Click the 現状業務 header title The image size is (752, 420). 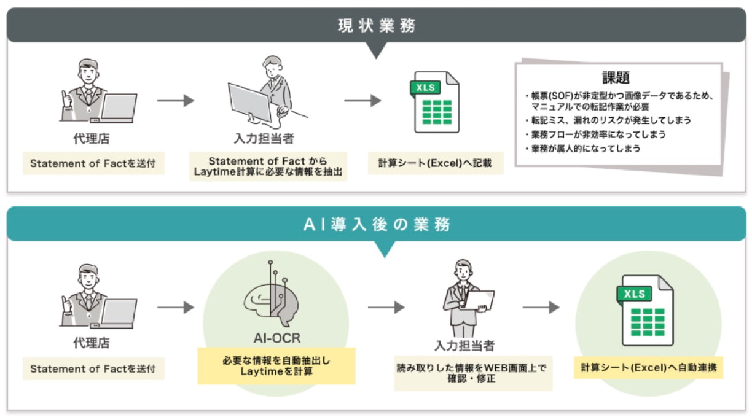click(x=376, y=25)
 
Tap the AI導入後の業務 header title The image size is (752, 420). click(x=376, y=224)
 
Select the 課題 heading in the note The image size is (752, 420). click(x=616, y=78)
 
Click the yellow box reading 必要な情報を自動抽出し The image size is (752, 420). click(x=276, y=366)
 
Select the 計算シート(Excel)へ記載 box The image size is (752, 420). click(x=435, y=164)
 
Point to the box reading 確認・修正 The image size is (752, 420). click(x=472, y=373)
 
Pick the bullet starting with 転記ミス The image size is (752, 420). click(x=608, y=120)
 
